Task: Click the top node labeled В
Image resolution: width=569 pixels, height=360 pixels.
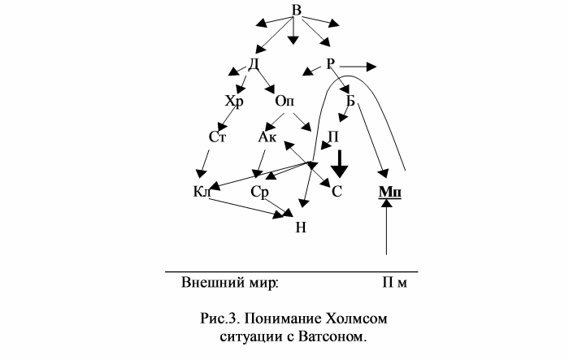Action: click(297, 10)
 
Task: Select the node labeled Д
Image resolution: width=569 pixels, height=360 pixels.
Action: click(254, 64)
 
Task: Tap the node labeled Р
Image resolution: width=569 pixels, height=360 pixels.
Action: click(330, 64)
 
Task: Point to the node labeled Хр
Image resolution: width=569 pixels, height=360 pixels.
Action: click(234, 102)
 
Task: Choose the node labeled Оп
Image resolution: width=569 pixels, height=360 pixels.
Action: click(284, 101)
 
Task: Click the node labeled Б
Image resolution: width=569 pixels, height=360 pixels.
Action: click(350, 101)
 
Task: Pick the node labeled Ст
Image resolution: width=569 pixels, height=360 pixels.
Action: click(217, 137)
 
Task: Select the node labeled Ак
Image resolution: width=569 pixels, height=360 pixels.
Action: click(267, 137)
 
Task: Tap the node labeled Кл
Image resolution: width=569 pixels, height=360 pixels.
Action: click(202, 191)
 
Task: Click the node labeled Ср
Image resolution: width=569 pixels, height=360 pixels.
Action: click(259, 192)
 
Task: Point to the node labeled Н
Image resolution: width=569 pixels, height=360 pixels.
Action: click(301, 228)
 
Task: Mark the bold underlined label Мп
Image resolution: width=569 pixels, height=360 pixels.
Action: click(390, 192)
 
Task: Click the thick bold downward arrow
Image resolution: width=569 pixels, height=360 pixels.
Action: click(340, 164)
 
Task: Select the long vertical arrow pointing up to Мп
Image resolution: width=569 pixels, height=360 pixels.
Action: click(386, 227)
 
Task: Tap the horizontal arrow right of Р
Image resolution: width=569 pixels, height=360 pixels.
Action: click(358, 67)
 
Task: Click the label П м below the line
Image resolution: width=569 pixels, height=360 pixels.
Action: click(394, 282)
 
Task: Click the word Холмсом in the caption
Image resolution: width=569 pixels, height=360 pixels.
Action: click(356, 319)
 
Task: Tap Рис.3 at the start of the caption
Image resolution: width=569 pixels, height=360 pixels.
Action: click(219, 319)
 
